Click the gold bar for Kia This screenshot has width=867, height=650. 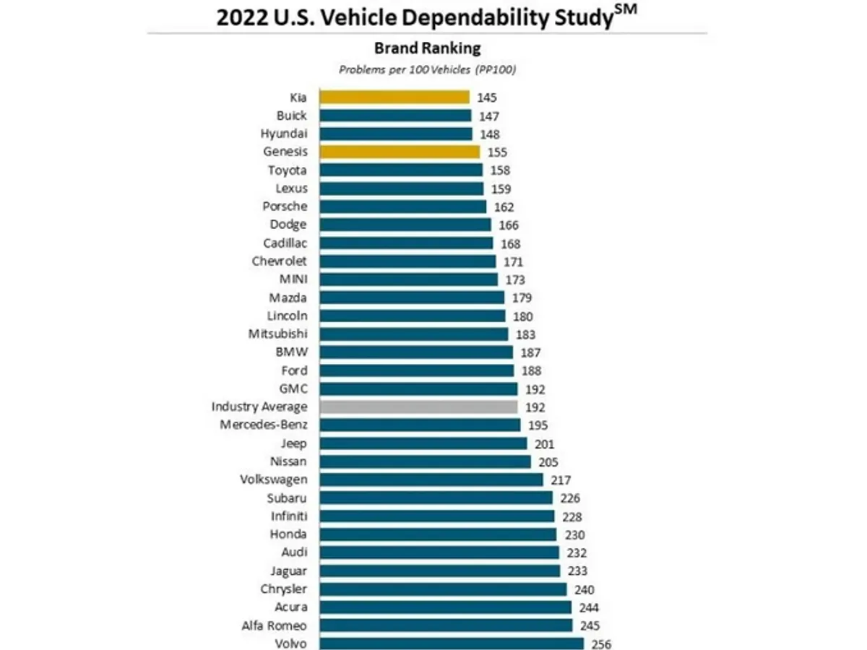pyautogui.click(x=394, y=97)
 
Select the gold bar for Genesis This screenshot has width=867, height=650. pyautogui.click(x=400, y=152)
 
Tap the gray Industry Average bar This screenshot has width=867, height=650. pyautogui.click(x=418, y=407)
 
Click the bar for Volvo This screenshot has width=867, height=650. pyautogui.click(x=452, y=643)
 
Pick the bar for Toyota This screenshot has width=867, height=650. pyautogui.click(x=401, y=170)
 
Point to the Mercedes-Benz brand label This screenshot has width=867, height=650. pyautogui.click(x=264, y=425)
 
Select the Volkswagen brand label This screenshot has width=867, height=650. pyautogui.click(x=274, y=480)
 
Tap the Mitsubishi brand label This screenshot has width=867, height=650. pyautogui.click(x=278, y=334)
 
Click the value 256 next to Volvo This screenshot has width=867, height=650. pyautogui.click(x=601, y=644)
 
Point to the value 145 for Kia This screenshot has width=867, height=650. pyautogui.click(x=487, y=97)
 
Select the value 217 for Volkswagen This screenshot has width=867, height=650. pyautogui.click(x=560, y=480)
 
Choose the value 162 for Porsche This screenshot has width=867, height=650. pyautogui.click(x=504, y=207)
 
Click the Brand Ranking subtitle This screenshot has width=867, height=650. pyautogui.click(x=427, y=49)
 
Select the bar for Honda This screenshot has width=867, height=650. pyautogui.click(x=438, y=534)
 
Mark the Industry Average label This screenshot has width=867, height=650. pyautogui.click(x=259, y=407)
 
